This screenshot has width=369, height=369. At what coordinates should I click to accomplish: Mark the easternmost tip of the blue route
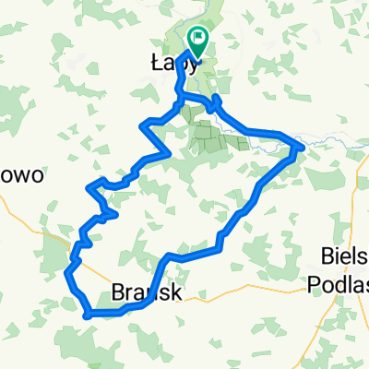click(x=303, y=144)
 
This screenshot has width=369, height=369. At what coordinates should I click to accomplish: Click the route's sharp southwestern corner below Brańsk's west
click(x=86, y=315)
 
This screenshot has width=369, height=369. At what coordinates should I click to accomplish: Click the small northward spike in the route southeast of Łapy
click(x=215, y=97)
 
